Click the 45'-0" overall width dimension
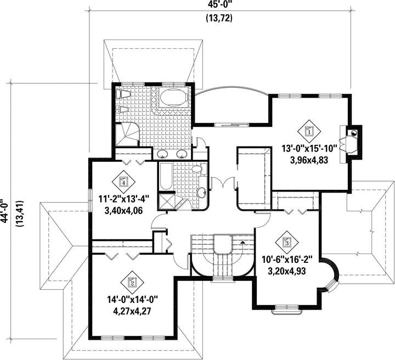pos(219,5)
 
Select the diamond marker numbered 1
pos(309,131)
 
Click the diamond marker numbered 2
pos(132,283)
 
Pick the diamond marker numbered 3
pos(287,242)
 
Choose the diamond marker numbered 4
pos(123,182)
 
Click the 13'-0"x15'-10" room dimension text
pos(309,149)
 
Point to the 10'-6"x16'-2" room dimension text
pos(287,260)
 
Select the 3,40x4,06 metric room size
pos(123,210)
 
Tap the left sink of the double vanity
pos(163,154)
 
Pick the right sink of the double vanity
pos(182,154)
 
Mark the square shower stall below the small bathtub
pos(166,201)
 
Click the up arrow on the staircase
pos(242,242)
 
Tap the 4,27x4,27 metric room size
pos(132,311)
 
